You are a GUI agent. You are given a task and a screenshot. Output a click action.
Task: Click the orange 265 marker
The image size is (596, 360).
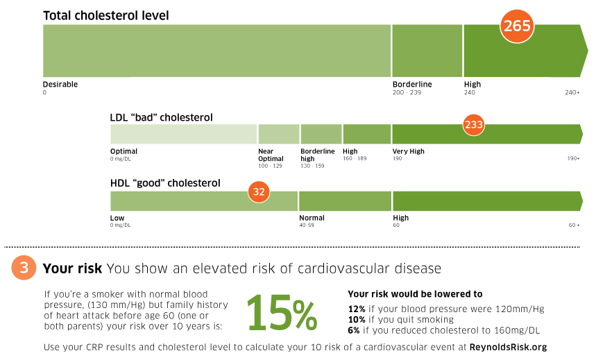516,27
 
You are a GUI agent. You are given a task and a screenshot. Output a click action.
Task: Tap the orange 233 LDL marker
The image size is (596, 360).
473,126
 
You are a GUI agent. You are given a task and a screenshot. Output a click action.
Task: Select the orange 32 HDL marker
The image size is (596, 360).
259,192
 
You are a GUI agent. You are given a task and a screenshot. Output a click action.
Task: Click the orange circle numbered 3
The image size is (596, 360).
24,268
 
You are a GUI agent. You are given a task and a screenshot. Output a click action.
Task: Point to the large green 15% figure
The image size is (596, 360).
282,312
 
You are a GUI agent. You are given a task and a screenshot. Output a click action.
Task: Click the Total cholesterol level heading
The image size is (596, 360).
105,15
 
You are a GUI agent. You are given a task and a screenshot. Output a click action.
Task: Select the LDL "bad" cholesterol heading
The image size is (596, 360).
161,117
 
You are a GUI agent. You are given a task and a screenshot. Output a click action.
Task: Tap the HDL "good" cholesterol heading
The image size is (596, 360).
165,183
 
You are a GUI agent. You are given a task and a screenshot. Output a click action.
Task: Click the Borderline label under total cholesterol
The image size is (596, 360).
412,85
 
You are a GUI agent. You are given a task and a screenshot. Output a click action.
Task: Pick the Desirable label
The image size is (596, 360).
60,85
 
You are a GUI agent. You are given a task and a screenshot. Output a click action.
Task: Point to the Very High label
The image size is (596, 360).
408,151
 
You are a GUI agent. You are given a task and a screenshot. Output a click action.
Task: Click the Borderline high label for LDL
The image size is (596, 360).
317,155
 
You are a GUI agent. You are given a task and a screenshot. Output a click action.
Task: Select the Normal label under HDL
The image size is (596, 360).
312,218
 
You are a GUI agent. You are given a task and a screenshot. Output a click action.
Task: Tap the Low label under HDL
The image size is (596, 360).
117,218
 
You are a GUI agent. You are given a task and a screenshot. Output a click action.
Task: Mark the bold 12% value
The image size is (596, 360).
356,309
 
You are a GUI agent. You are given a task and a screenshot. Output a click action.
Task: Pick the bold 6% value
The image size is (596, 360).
353,329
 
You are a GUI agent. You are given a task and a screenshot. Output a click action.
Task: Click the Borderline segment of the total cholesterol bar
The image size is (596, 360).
427,51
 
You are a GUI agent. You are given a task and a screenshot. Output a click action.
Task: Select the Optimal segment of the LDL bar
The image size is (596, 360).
184,134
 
